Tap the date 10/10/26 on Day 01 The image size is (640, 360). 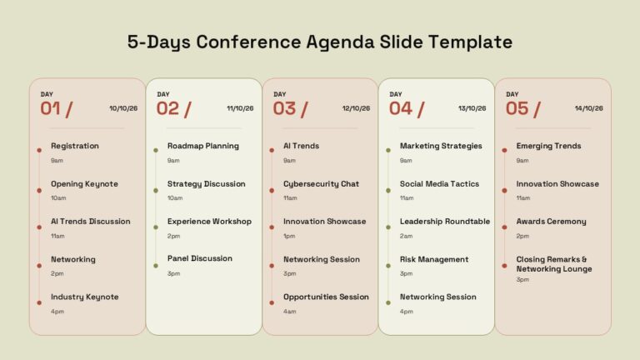coord(123,108)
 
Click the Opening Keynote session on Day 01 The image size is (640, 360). coord(84,184)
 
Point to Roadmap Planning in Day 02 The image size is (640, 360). coord(202,146)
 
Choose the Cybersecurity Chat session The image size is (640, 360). coord(321,184)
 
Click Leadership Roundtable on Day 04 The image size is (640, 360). coord(445,221)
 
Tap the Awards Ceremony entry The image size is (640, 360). coord(551,222)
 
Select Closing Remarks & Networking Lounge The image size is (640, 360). coord(554,264)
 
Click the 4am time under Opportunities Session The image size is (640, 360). coord(290,312)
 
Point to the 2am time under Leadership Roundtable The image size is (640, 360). coord(406,236)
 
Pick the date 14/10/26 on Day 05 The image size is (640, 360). coord(588,108)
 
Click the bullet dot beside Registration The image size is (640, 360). coord(39,150)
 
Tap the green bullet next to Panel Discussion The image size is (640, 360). coord(156,266)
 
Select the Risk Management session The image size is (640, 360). coord(434,259)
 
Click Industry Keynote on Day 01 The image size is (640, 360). coord(84,297)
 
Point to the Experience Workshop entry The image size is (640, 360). coord(209,222)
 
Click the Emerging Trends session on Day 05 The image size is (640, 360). coord(548,146)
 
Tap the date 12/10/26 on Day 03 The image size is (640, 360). coord(356,108)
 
